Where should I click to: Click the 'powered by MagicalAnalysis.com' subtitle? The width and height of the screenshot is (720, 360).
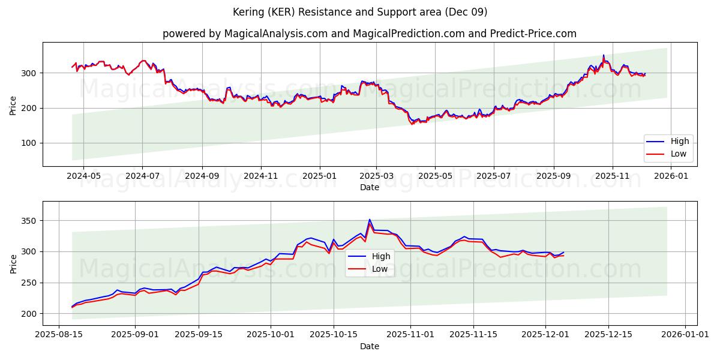(369, 34)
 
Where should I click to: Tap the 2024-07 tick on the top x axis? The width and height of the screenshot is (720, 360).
(142, 176)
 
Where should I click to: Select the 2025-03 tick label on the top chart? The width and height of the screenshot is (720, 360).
(376, 176)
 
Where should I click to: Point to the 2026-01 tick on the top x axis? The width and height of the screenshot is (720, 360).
(671, 176)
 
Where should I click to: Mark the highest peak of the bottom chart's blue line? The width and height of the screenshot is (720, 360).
(370, 220)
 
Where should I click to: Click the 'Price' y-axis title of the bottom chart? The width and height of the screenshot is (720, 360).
(14, 263)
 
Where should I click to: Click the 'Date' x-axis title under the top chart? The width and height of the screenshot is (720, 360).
(369, 187)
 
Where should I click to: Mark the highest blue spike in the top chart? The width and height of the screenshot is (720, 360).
(604, 55)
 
